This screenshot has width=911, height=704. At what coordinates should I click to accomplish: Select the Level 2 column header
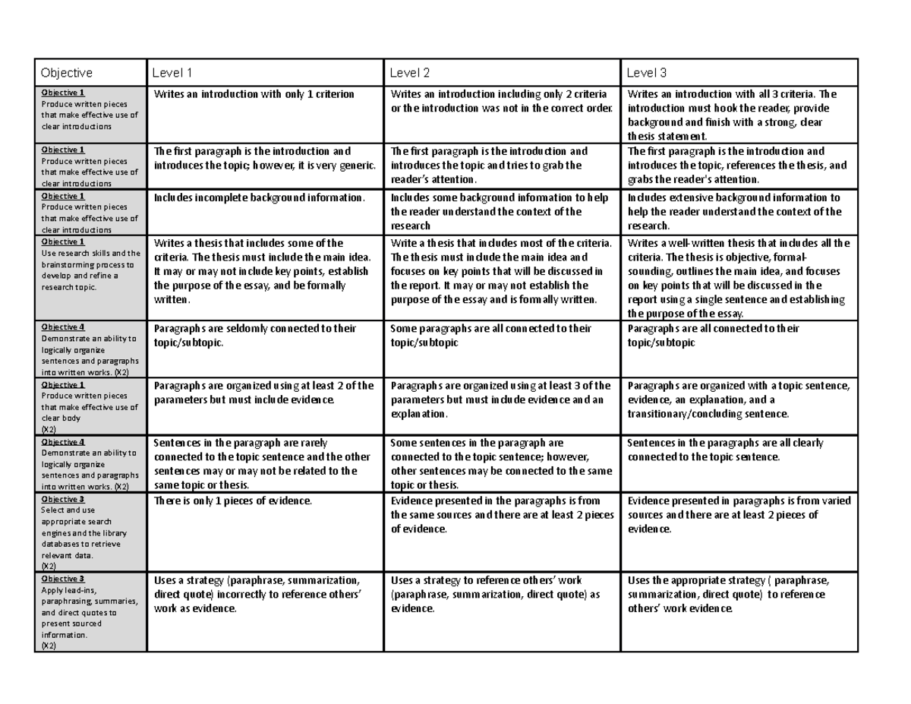coord(410,73)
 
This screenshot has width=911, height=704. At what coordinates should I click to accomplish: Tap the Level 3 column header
coord(646,73)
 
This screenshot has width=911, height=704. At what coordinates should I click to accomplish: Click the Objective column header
coord(67,73)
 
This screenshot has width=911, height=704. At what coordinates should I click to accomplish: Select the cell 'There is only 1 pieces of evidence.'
coord(233,500)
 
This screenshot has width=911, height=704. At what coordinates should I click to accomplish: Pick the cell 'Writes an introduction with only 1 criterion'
coord(254,94)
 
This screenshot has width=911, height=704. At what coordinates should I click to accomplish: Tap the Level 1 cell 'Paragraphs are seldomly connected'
coord(255,336)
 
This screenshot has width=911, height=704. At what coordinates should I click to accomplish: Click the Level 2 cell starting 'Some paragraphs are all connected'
coord(490,336)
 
